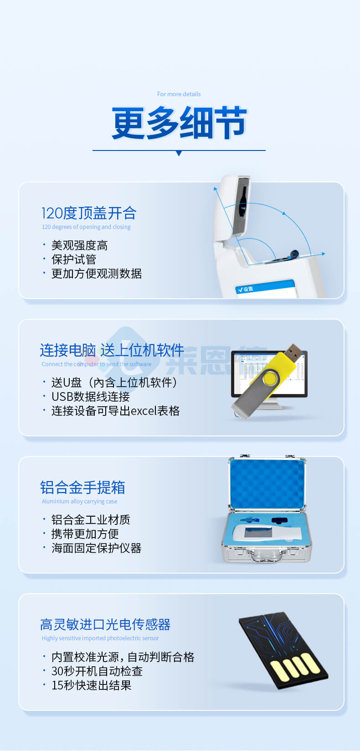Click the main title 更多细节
point(179,123)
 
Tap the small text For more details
point(179,94)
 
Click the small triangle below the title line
point(179,154)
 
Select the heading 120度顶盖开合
point(89,213)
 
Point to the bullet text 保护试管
point(74,259)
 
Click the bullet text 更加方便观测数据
point(96,274)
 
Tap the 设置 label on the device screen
point(247,289)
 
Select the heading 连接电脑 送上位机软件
point(112,350)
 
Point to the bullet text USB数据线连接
point(90,397)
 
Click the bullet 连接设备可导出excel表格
point(115,411)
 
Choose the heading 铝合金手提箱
point(82,487)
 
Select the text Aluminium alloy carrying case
point(79,501)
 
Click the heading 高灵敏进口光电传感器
point(105,624)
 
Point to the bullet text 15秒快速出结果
point(91,685)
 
